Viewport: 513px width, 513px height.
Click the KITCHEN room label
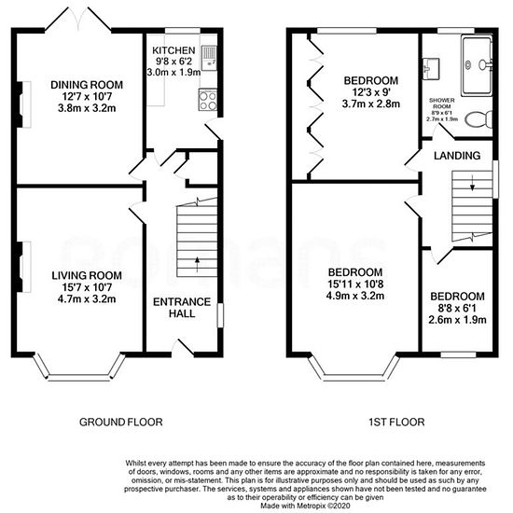(x=173, y=50)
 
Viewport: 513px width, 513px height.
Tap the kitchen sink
(x=208, y=58)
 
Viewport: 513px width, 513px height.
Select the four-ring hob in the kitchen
(x=208, y=101)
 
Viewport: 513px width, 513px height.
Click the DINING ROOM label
(x=87, y=85)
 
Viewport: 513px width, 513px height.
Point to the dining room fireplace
(x=23, y=104)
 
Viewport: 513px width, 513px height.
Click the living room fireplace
(x=23, y=267)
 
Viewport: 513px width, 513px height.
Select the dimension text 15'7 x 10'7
(x=87, y=287)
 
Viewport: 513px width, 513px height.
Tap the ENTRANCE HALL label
(x=182, y=308)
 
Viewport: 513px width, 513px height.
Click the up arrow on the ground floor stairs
(x=197, y=264)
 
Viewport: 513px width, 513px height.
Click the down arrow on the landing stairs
(x=472, y=183)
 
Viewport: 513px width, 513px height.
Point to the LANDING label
(x=457, y=156)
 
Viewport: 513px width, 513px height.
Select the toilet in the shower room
(x=478, y=120)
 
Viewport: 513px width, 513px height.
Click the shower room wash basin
(x=431, y=69)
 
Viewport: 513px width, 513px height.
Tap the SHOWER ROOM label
(x=442, y=103)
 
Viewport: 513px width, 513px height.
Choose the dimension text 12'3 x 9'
(x=371, y=92)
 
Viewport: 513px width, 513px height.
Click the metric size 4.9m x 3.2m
(x=355, y=296)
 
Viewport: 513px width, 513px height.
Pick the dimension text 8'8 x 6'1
(x=457, y=308)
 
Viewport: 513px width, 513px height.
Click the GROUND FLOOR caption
(x=121, y=422)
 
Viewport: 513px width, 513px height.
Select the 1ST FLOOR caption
(x=396, y=422)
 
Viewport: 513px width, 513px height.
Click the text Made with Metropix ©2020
(x=305, y=506)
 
